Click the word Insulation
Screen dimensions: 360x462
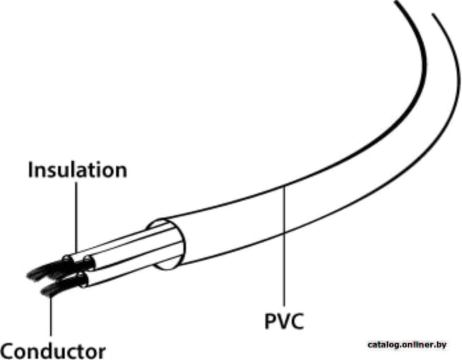tap(77, 170)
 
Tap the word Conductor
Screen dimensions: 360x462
tap(53, 349)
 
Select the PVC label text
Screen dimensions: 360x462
tap(284, 322)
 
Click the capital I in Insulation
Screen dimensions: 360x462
tap(30, 170)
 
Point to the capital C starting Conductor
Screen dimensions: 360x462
tap(9, 349)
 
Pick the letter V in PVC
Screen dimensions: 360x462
tap(284, 322)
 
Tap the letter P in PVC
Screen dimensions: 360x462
tap(271, 322)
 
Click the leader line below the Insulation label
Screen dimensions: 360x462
tap(77, 218)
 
